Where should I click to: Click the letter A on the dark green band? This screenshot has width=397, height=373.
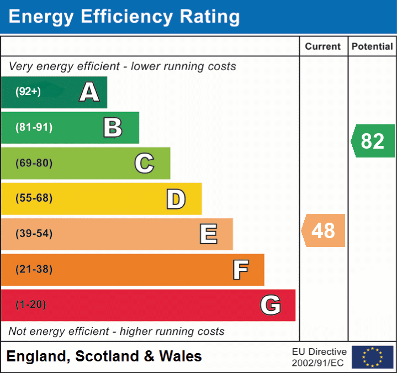tap(89, 92)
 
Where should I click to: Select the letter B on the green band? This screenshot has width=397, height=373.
tap(113, 128)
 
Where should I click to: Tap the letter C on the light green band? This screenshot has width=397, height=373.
tap(144, 164)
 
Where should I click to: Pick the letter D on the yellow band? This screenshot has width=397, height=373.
tap(176, 199)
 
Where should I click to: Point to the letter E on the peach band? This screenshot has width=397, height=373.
tap(208, 234)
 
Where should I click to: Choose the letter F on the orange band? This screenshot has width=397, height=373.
tap(240, 270)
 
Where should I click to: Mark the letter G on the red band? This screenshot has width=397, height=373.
tap(271, 305)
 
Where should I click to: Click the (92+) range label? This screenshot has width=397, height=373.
tap(28, 92)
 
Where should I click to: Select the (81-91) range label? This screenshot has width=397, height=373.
tap(34, 128)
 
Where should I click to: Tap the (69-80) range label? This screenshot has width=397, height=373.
tap(34, 163)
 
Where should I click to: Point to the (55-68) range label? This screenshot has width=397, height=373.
tap(34, 198)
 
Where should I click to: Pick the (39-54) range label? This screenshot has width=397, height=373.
tap(34, 234)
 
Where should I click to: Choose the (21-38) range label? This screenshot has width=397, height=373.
tap(34, 269)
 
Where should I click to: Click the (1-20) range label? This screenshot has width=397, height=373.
tap(31, 304)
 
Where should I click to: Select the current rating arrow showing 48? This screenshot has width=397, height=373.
tap(324, 230)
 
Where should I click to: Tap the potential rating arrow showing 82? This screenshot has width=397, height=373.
tap(373, 141)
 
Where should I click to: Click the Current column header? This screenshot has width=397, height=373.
tap(323, 47)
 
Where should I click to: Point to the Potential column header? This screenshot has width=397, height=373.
tap(372, 47)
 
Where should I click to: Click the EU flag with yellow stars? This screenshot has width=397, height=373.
tap(372, 357)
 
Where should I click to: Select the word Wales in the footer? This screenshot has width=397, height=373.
tap(181, 356)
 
